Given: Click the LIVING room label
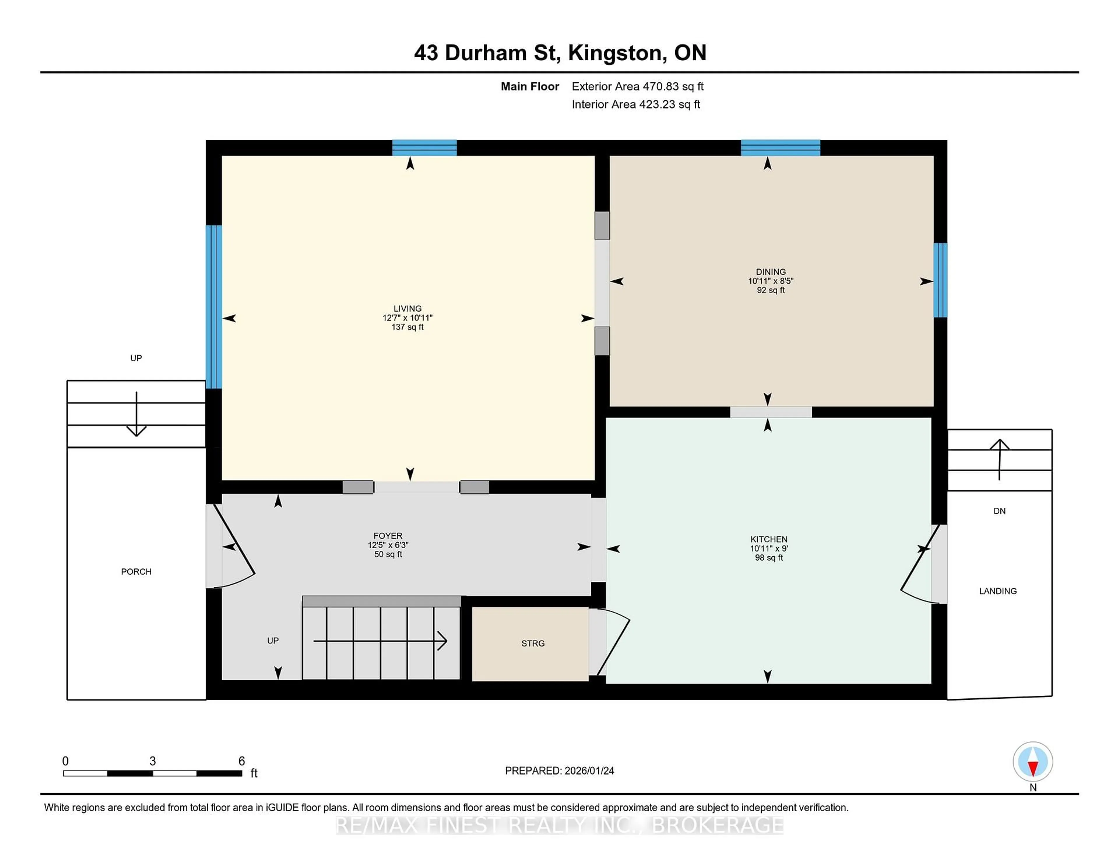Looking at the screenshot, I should [x=407, y=308].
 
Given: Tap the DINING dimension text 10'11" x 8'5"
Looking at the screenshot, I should [x=770, y=281].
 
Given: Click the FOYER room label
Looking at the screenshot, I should [x=388, y=535].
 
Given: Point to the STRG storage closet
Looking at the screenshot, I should [x=532, y=643].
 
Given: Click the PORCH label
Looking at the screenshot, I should [x=136, y=571].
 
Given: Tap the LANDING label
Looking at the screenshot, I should [x=997, y=591].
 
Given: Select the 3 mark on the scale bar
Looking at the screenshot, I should [x=153, y=761].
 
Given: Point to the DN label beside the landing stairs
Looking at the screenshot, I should [x=999, y=511].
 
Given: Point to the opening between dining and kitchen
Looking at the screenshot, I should [x=770, y=412].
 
